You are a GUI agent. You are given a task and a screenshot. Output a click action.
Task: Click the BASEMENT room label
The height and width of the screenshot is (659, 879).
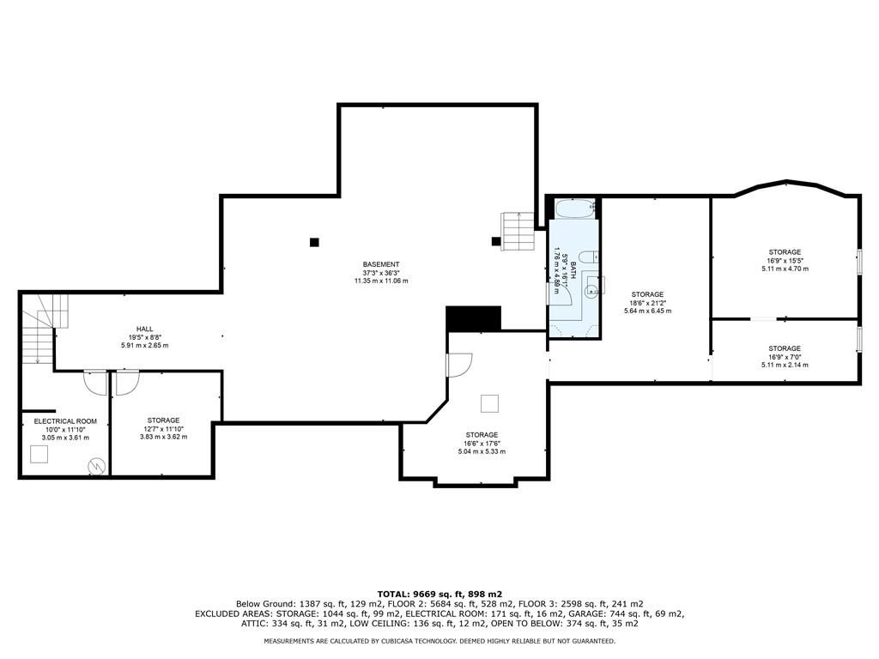(381, 264)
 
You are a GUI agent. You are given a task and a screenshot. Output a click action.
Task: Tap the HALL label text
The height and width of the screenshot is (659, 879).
(144, 329)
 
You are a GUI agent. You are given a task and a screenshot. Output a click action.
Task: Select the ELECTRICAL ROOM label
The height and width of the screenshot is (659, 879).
(65, 421)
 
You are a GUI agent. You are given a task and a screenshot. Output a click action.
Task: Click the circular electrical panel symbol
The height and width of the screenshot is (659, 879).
(95, 465)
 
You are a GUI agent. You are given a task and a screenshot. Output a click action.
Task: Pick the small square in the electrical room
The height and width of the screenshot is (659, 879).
(39, 454)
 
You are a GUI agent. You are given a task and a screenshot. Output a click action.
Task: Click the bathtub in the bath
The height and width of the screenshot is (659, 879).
(574, 209)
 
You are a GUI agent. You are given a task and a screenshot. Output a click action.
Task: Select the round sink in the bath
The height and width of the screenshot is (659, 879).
(591, 290)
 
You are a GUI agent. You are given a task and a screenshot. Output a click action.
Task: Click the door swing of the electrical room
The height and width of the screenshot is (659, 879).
(95, 383)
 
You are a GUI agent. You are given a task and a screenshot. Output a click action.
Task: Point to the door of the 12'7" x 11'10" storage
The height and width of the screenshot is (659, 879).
(127, 383)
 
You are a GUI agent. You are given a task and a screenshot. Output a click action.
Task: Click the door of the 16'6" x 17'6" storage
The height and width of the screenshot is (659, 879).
(459, 365)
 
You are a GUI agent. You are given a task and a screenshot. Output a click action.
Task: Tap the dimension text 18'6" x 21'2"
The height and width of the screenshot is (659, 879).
(647, 303)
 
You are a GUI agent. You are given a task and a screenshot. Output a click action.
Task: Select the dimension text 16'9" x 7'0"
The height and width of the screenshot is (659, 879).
(785, 357)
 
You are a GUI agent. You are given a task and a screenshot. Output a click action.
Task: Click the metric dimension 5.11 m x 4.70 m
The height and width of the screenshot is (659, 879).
(785, 269)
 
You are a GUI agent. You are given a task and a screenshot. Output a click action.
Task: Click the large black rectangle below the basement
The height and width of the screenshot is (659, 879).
(473, 319)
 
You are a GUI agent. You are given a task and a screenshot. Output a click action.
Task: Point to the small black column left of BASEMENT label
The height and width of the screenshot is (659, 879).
(314, 243)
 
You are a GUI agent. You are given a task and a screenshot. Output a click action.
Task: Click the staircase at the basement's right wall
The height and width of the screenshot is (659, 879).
(518, 232)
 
